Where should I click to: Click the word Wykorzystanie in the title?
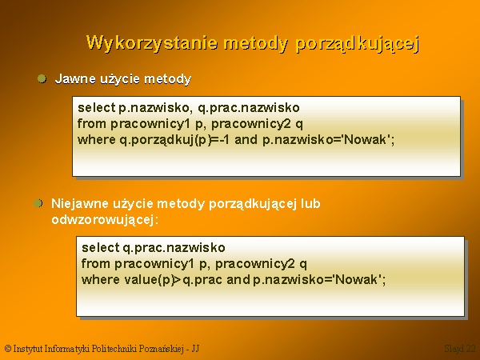(152, 43)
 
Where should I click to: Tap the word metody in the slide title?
(256, 43)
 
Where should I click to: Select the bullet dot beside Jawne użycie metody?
(42, 78)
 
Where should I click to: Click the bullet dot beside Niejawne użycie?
(38, 203)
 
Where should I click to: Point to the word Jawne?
(75, 78)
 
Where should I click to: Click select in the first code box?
(97, 107)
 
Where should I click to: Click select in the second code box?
(101, 247)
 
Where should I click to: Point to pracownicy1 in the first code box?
(150, 124)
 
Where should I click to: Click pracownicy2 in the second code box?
(255, 264)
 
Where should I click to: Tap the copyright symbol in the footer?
(8, 349)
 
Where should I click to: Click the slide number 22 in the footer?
(471, 349)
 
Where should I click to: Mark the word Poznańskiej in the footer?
(162, 349)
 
